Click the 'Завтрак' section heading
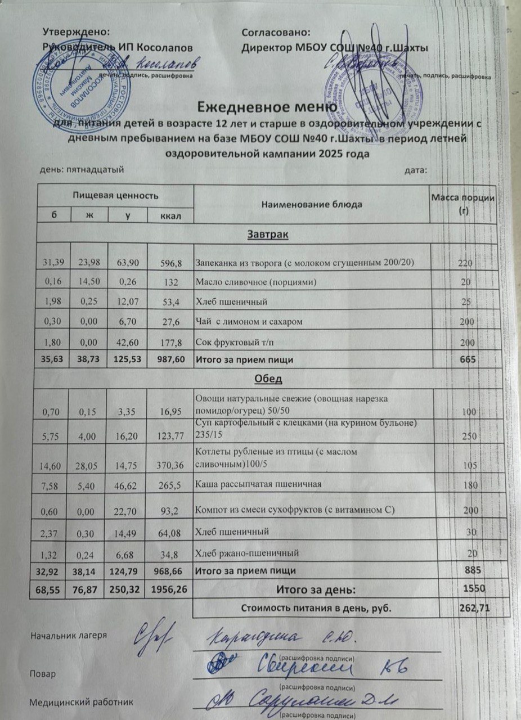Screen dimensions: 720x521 (267, 235)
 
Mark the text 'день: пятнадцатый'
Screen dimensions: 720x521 (82, 169)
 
